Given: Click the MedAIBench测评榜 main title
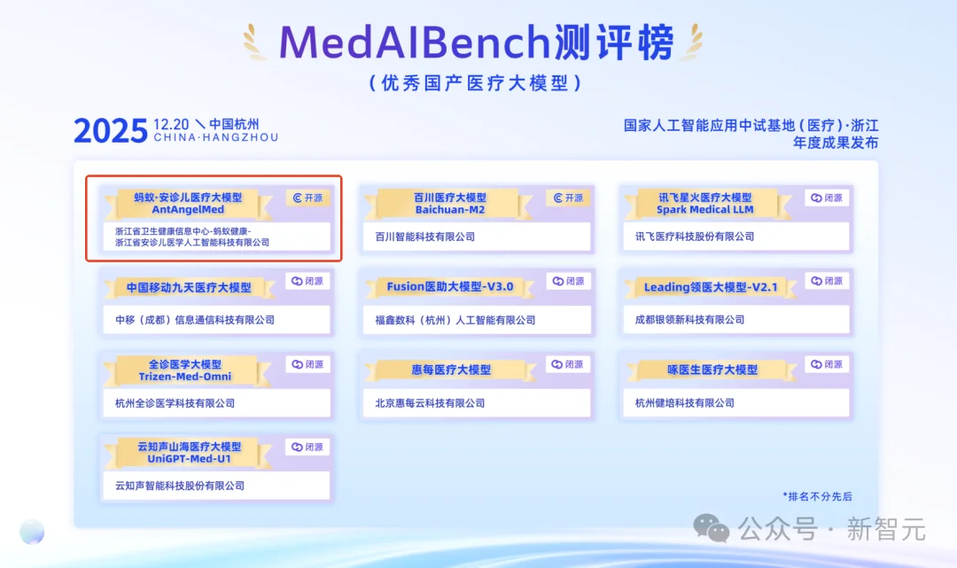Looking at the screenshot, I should pos(476,42).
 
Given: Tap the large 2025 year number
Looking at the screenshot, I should pos(111,131).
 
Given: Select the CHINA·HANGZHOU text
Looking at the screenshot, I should pos(215,137).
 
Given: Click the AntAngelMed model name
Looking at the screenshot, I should pos(188,210).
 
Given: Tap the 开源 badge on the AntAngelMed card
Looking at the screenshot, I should pos(307,198).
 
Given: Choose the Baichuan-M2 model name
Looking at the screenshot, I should pos(450,210).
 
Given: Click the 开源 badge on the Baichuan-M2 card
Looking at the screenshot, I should pos(568,198).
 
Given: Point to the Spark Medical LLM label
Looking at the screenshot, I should pos(705,210).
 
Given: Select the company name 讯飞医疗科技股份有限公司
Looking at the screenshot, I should pos(695,237).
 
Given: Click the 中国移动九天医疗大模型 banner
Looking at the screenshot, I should pos(189,288).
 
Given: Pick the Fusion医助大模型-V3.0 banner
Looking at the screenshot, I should pos(450,287).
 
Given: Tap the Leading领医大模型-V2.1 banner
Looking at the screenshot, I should pos(711,287).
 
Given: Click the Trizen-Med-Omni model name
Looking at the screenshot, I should pos(185,377).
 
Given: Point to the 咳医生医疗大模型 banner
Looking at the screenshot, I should pos(712,370).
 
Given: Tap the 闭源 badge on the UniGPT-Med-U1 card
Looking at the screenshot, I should pos(307,447).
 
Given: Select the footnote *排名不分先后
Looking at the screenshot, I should pos(817,496).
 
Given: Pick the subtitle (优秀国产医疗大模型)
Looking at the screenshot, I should pos(476,83).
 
